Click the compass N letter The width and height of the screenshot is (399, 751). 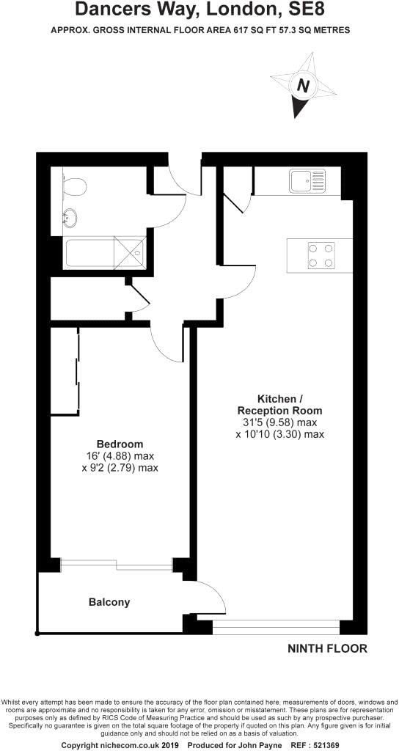302,86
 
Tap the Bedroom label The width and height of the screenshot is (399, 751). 120,444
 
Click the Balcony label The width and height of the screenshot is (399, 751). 109,602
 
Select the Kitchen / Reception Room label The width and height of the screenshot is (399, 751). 279,403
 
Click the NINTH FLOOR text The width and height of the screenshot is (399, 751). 326,648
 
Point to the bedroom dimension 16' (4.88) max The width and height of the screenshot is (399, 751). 120,455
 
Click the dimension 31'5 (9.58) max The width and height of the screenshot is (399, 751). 279,422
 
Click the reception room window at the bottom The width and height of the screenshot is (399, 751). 276,627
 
